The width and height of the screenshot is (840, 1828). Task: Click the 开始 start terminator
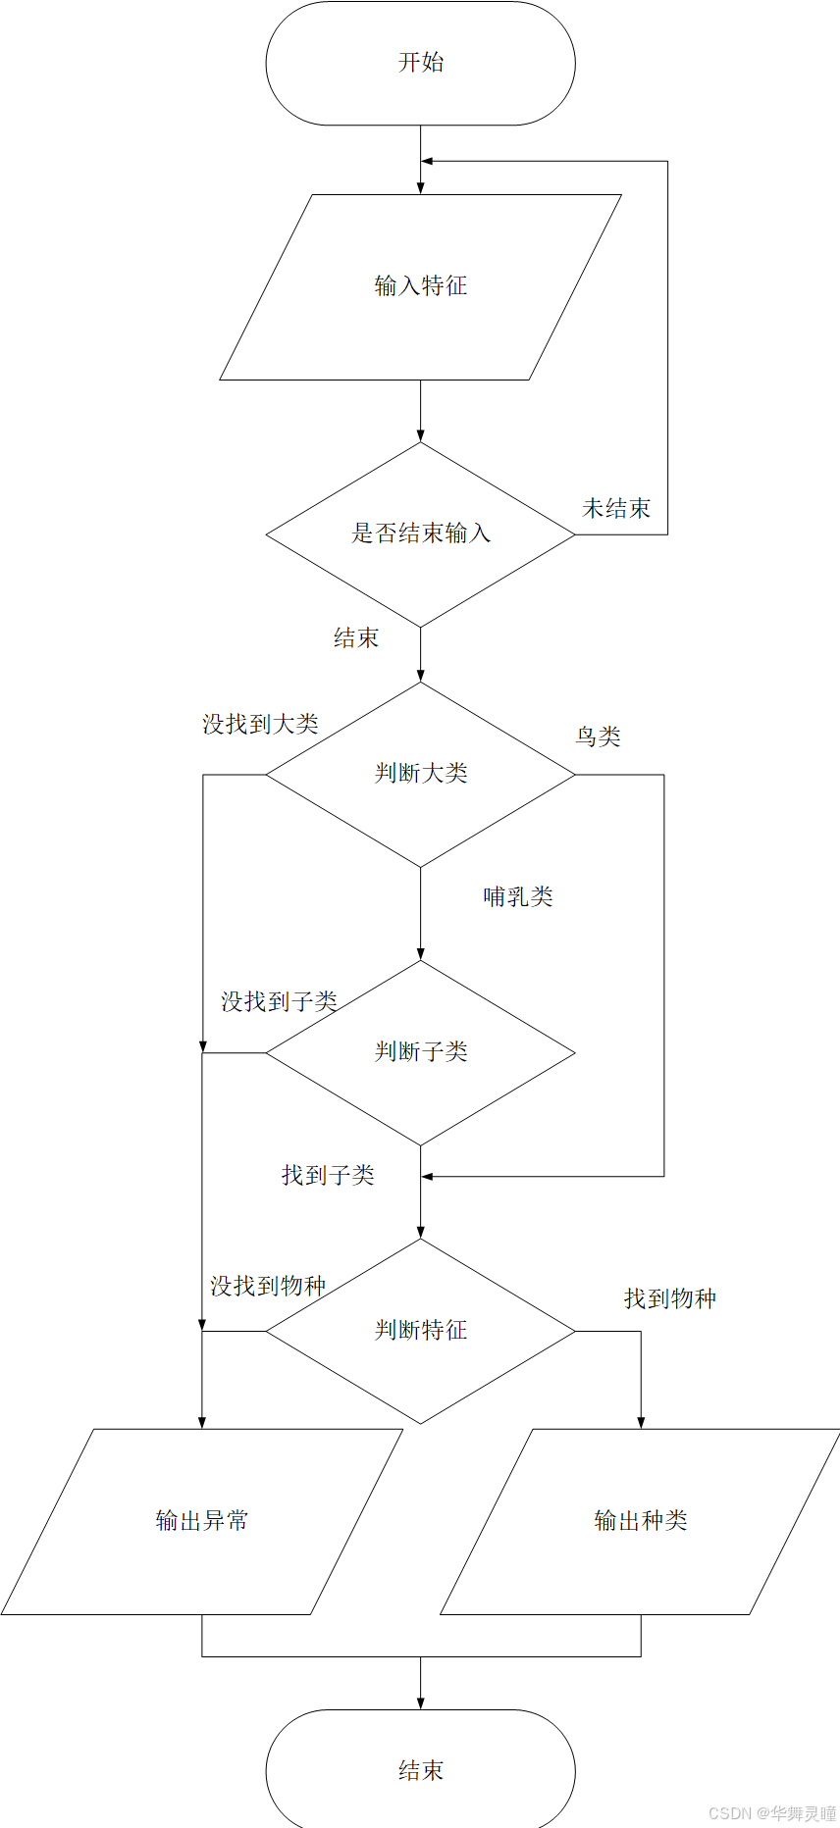click(420, 63)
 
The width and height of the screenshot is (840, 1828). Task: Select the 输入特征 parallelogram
click(420, 286)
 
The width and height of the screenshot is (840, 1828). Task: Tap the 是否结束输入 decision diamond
click(420, 533)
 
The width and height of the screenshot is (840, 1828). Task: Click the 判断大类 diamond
click(420, 774)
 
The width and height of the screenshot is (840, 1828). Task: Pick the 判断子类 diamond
click(420, 1052)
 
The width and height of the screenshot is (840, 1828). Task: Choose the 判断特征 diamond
click(420, 1331)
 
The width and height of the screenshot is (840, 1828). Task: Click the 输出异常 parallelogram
click(202, 1521)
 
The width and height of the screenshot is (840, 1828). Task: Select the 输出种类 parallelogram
click(641, 1521)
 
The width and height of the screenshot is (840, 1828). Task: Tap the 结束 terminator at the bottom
click(420, 1770)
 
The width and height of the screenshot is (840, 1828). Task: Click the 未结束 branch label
click(616, 509)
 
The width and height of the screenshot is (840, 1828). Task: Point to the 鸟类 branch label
click(598, 736)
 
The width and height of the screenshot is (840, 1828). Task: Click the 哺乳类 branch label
click(518, 897)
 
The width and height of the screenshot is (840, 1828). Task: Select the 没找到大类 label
click(260, 725)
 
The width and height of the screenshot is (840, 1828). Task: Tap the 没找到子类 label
click(279, 1002)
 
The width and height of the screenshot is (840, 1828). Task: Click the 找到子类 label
click(328, 1176)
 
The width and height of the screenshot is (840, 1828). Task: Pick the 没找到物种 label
click(267, 1286)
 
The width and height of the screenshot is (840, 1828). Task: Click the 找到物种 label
click(670, 1299)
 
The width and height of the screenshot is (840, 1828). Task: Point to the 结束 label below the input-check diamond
click(355, 638)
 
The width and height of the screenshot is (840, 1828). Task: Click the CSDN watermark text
click(772, 1813)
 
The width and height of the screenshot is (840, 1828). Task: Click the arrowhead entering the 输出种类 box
click(641, 1423)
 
